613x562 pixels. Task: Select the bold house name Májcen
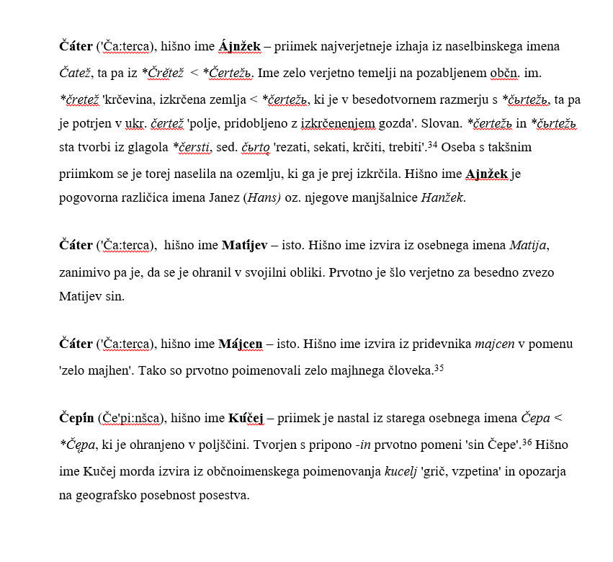pos(240,344)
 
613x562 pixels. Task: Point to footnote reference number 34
pos(432,145)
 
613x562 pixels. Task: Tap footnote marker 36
pos(527,442)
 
